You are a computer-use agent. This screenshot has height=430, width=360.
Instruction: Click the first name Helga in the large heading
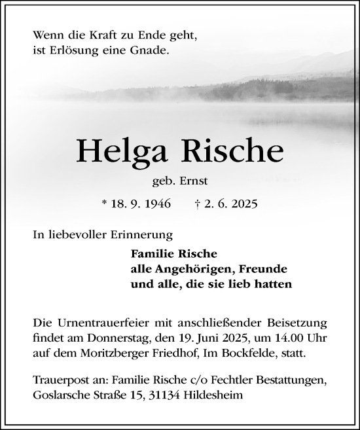point(120,152)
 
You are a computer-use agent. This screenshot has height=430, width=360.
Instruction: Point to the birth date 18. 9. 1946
point(141,204)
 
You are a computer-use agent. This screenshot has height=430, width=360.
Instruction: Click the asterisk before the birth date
point(105,204)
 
